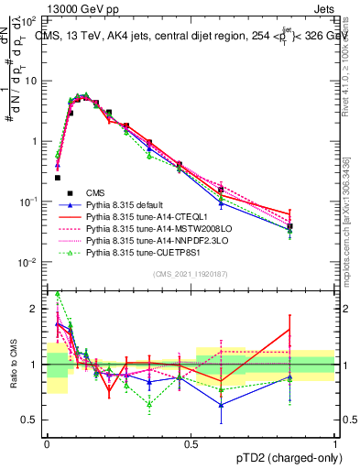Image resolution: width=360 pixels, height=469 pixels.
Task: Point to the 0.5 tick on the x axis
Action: pyautogui.click(x=191, y=442)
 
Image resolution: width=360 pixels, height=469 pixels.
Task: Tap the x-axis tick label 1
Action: pyautogui.click(x=335, y=442)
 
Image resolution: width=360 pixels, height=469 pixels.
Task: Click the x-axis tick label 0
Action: pyautogui.click(x=48, y=442)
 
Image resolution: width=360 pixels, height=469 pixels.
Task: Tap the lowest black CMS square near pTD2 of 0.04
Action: pyautogui.click(x=57, y=178)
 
